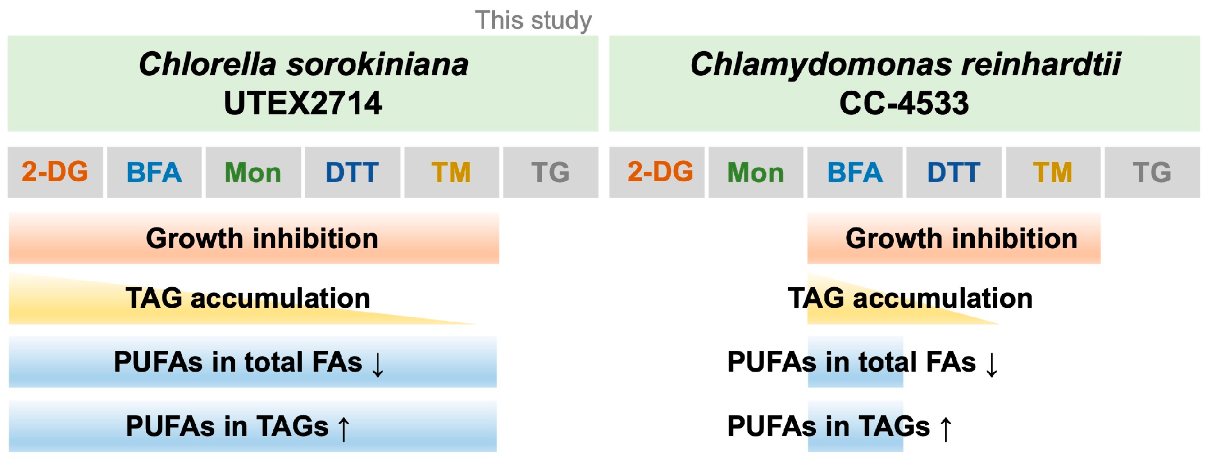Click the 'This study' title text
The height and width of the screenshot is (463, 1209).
pos(533,21)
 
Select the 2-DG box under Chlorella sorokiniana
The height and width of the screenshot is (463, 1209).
pos(55,172)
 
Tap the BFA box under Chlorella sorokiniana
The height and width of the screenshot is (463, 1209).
pos(154,172)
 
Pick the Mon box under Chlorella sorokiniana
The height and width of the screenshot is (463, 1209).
pos(253,172)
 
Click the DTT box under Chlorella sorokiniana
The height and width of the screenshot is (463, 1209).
pos(352,172)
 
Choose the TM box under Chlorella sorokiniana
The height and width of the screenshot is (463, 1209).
pos(451,172)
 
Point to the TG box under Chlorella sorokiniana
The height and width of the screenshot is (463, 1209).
pos(550,172)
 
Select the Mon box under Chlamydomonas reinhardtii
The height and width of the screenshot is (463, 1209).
pos(755,172)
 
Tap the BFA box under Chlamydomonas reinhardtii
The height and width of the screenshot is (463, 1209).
pos(855,172)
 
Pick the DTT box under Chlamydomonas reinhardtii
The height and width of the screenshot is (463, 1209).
pos(954,172)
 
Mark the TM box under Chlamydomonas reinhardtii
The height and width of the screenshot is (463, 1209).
pos(1053,172)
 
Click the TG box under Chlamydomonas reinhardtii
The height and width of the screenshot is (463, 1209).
pos(1152,172)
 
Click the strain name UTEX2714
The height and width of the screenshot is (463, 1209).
pos(303,103)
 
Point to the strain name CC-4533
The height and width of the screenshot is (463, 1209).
pos(904,103)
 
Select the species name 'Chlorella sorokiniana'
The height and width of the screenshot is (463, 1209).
pos(303,64)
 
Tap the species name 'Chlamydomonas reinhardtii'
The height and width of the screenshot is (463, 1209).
pos(905,64)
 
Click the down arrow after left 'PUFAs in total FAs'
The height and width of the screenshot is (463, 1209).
pos(378,364)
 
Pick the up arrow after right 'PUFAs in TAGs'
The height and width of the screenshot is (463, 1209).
pos(945,429)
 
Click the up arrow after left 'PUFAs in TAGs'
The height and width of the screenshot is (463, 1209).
pos(343,429)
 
